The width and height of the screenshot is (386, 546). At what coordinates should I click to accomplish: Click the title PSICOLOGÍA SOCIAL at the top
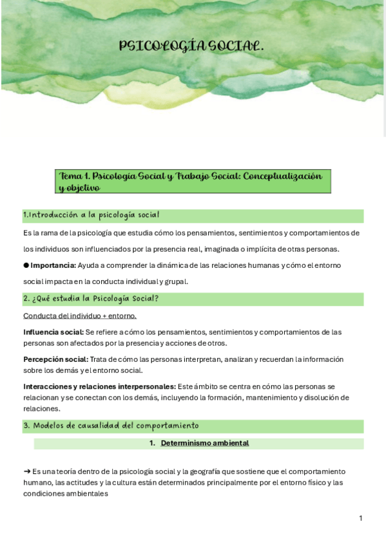[x=191, y=46]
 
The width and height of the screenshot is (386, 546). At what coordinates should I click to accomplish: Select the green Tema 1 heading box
[x=193, y=182]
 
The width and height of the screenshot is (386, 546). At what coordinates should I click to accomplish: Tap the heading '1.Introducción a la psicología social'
[x=91, y=215]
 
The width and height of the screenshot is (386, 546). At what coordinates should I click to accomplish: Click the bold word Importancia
[x=53, y=265]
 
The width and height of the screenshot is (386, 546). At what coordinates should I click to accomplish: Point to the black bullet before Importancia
[x=26, y=265]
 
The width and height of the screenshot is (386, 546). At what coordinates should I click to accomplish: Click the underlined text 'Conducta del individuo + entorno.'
[x=79, y=315]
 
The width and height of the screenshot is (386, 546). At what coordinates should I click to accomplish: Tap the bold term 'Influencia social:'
[x=53, y=332]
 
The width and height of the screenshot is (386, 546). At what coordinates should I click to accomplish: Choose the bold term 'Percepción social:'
[x=55, y=359]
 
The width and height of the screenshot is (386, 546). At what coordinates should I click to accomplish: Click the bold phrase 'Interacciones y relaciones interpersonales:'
[x=99, y=386]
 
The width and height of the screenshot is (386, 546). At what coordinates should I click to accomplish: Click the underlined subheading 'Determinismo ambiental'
[x=204, y=443]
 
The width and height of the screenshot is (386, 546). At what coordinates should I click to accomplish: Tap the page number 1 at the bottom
[x=361, y=518]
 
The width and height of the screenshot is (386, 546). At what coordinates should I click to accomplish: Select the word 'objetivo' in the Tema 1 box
[x=83, y=188]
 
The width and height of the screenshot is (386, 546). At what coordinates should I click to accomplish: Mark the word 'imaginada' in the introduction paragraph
[x=240, y=249]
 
